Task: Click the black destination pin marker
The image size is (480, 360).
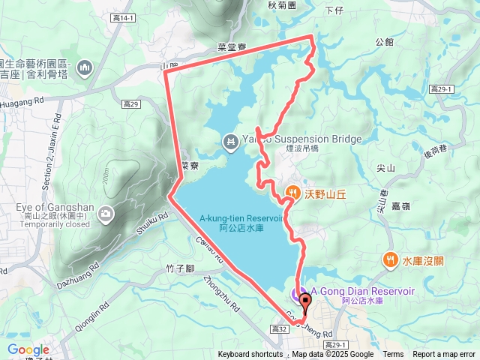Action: tap(304, 302)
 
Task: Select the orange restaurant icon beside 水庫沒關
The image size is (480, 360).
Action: tap(390, 260)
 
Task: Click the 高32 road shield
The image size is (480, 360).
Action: tap(280, 329)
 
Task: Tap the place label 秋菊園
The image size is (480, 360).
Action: tap(282, 4)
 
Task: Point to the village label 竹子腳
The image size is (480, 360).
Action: tap(181, 267)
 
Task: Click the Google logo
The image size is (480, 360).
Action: tap(28, 349)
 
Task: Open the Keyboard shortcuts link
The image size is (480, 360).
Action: tap(250, 355)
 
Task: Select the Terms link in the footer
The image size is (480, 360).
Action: tap(393, 355)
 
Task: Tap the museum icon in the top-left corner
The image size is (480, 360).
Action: tap(84, 68)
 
